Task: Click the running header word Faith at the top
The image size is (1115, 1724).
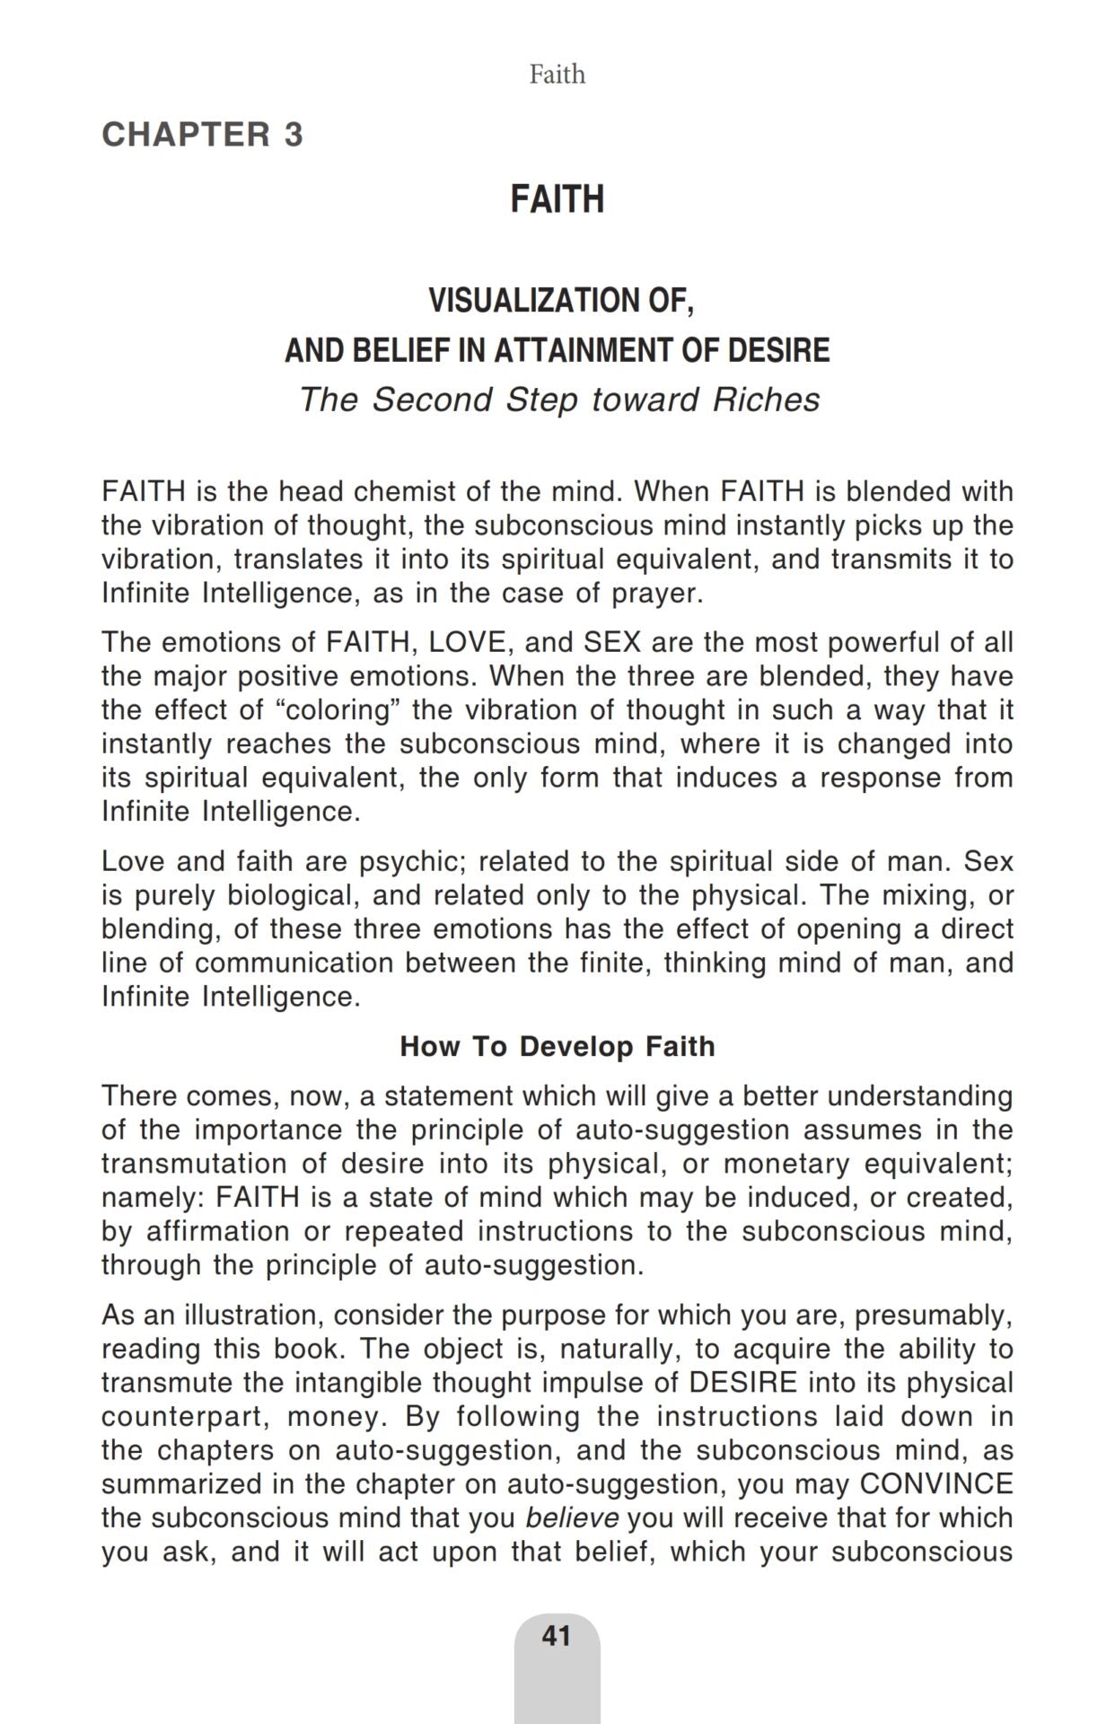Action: tap(557, 74)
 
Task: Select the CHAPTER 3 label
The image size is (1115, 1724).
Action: tap(202, 135)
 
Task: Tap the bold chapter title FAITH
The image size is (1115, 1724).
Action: tap(557, 198)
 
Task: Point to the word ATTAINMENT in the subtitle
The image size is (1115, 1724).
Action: tap(586, 349)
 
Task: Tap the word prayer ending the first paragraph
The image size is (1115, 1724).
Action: tap(657, 593)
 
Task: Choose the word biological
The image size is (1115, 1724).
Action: tap(291, 895)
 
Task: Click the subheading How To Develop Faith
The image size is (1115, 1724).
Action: tap(557, 1046)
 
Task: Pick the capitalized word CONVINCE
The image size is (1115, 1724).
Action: tap(935, 1483)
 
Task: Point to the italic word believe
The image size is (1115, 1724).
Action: tap(572, 1517)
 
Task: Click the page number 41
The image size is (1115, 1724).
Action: tap(557, 1636)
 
